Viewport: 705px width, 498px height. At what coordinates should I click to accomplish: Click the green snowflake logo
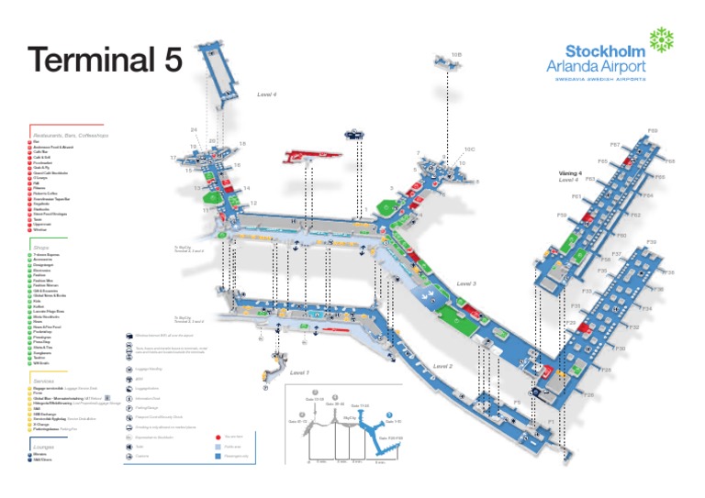point(661,39)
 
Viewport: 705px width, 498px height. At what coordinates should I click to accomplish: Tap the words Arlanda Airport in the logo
point(596,66)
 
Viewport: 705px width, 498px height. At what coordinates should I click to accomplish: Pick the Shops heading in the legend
point(41,247)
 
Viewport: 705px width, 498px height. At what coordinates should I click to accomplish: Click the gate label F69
point(653,131)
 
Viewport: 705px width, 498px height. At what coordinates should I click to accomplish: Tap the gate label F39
point(651,242)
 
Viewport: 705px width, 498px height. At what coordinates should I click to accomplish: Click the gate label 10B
point(456,56)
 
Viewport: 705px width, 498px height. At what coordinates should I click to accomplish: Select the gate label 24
point(194,130)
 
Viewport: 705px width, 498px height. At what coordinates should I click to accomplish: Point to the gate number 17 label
point(173,158)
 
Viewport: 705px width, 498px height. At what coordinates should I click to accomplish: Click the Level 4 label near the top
point(267,94)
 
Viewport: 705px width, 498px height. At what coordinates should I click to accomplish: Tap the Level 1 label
point(300,373)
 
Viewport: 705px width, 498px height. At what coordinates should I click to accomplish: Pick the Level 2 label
point(442,367)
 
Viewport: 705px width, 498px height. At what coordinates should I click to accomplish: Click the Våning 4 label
point(570,173)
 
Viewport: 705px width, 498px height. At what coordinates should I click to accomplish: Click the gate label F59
point(562,216)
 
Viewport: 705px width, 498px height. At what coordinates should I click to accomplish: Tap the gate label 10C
point(468,149)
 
